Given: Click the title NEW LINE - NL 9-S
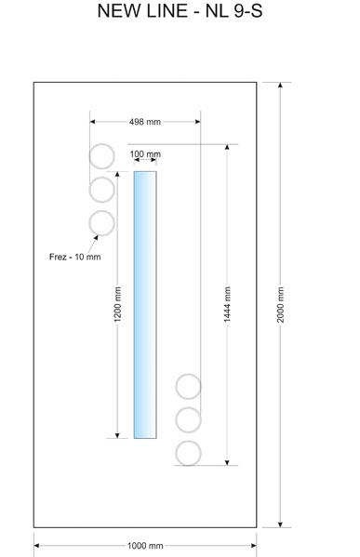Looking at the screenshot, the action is (x=180, y=11).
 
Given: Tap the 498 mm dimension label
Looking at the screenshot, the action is (x=144, y=122).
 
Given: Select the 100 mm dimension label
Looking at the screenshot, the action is (x=145, y=154).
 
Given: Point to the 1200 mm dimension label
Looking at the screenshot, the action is (x=117, y=304).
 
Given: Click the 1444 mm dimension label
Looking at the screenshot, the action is (x=227, y=304).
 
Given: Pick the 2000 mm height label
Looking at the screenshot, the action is (x=280, y=304).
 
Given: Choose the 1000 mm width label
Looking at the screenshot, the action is (x=145, y=545).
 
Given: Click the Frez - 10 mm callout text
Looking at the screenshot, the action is (x=75, y=257).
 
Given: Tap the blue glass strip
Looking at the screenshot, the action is (x=145, y=304).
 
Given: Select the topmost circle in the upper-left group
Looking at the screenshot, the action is (x=101, y=144).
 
